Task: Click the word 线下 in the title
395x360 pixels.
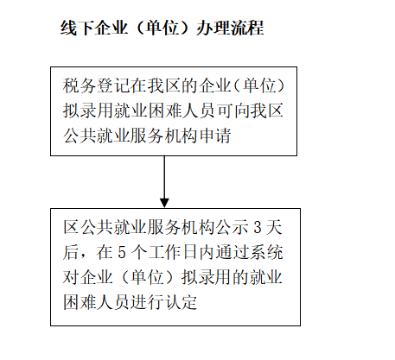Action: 77,28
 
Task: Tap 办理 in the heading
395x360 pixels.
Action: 213,28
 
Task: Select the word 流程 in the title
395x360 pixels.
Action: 246,28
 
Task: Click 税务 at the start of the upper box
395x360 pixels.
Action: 80,85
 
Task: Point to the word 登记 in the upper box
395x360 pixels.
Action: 113,85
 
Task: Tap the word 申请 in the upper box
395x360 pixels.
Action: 215,136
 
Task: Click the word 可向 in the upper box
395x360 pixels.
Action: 233,111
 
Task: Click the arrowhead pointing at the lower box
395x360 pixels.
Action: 164,203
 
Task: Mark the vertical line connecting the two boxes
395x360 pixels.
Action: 164,177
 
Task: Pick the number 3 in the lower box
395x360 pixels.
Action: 258,228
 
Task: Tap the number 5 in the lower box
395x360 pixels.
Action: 122,252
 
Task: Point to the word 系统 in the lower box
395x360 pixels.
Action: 266,252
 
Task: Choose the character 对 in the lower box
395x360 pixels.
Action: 71,277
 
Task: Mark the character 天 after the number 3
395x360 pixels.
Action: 274,228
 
